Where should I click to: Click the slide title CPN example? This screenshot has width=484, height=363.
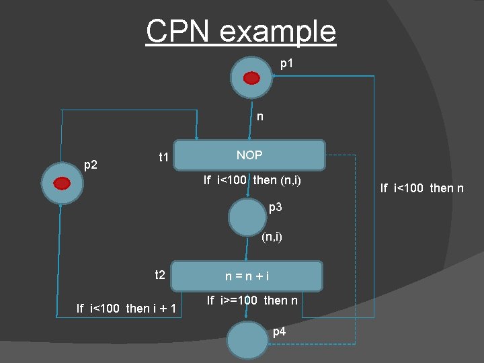point(241,31)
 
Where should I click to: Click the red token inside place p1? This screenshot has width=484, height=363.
point(252,78)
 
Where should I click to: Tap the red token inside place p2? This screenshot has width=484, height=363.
point(63,184)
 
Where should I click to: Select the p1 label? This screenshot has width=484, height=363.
point(287,64)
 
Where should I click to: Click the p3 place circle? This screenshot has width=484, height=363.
point(248,217)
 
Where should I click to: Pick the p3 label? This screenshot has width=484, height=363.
point(276,208)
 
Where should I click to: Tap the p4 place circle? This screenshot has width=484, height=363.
point(247,342)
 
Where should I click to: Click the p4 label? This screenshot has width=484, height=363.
point(280,331)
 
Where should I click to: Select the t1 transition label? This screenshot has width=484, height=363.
point(163,158)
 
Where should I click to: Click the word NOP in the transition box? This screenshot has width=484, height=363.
point(249,155)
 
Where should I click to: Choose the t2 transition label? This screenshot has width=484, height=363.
point(160,274)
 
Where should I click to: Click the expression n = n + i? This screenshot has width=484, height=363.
point(247,276)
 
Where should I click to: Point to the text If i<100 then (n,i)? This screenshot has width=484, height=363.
point(252,180)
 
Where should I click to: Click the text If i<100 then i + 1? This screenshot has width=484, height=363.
point(126,309)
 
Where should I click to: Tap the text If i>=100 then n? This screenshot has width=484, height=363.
point(252,300)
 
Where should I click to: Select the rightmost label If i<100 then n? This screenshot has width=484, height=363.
point(421,188)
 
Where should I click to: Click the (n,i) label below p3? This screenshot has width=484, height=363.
point(272,237)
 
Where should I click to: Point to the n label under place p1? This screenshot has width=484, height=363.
point(260,117)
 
